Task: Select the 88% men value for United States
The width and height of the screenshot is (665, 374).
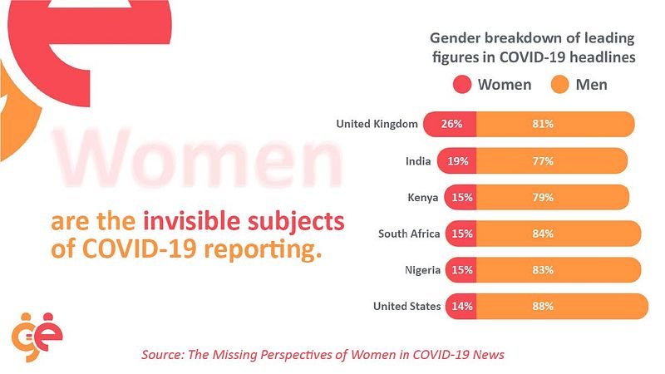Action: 544,306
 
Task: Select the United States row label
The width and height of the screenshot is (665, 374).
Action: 407,306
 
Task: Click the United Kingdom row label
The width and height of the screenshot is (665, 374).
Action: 376,125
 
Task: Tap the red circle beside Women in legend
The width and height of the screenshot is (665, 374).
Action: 463,85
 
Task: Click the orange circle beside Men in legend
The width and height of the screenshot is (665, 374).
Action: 560,85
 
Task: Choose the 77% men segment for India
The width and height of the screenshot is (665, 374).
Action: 544,161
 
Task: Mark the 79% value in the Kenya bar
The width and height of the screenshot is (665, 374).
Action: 544,198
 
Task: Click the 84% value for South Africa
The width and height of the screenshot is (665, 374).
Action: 544,234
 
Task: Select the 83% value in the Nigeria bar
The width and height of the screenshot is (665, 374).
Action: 544,270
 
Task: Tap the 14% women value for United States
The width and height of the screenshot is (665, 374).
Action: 462,306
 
